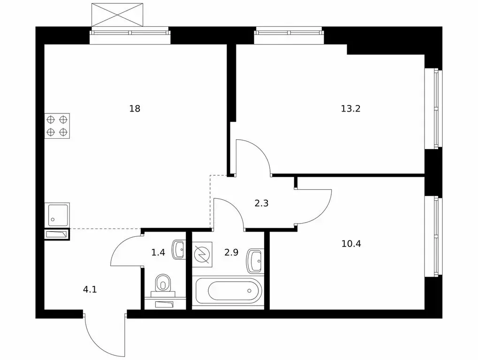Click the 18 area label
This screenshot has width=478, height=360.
tap(135, 108)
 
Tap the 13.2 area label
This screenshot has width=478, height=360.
tap(350, 108)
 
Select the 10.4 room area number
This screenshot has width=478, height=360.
tap(351, 244)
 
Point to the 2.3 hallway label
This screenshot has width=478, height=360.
tap(262, 203)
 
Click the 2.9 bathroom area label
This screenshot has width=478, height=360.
tap(231, 252)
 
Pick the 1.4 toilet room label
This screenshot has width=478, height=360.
tap(158, 252)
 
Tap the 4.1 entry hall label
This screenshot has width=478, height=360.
tap(90, 289)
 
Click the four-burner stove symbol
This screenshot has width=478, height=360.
tap(57, 126)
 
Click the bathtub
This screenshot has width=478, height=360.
tap(228, 291)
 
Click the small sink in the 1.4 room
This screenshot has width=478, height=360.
tap(179, 249)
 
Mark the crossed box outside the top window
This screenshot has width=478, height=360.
tap(117, 15)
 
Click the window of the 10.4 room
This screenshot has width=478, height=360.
tap(433, 237)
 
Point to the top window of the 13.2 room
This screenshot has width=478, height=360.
tap(288, 34)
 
